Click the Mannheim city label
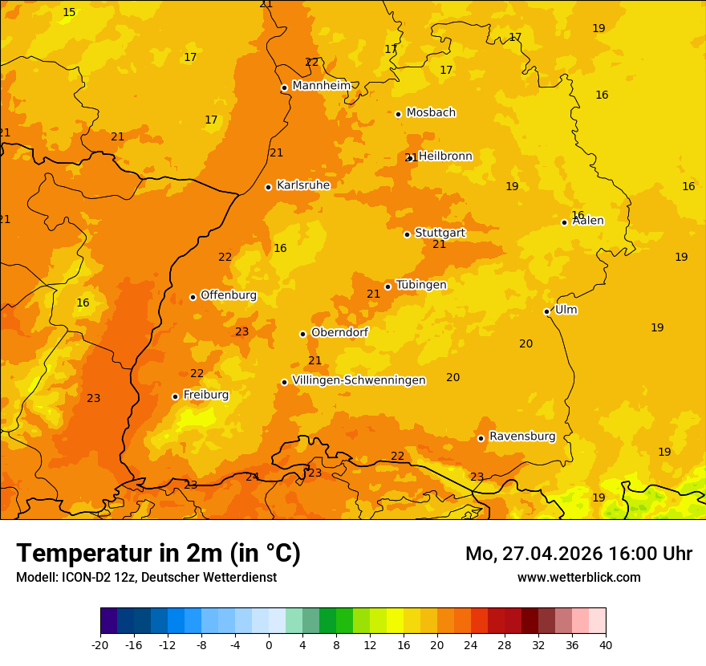pos(321,86)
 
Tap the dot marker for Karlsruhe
pos(268,187)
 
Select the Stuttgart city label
pos(440,233)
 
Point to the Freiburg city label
pos(205,395)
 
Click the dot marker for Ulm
pos(546,311)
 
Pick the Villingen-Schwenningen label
pos(359,380)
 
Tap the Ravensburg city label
pos(521,437)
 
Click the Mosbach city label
pos(431,113)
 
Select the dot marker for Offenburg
pos(193,297)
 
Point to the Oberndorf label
pos(339,332)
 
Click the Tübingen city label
pos(420,285)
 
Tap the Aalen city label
pos(588,221)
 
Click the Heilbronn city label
pos(445,156)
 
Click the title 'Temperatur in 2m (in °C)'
pos(158,554)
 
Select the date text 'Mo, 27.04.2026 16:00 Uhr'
pos(578,554)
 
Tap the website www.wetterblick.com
pos(578,578)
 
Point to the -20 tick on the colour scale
pos(100,645)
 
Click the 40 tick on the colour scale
pos(605,645)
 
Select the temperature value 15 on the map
pos(69,12)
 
